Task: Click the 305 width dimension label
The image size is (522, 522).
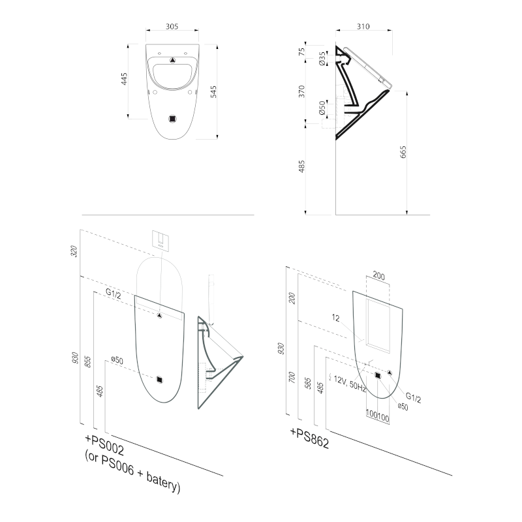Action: (172, 26)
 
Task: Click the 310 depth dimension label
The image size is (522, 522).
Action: (363, 26)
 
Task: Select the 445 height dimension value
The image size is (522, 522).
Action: (124, 79)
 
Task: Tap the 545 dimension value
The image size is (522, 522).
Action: (213, 91)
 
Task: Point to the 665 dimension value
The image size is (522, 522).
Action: (403, 152)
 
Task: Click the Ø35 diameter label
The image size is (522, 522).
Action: (322, 58)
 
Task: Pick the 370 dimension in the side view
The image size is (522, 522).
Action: (301, 91)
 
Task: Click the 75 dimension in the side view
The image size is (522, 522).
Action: (301, 52)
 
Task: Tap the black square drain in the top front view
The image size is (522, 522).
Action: (172, 119)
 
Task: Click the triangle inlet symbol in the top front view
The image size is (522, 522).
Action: (172, 60)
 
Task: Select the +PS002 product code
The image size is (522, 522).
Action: (104, 445)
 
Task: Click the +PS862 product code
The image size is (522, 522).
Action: (309, 438)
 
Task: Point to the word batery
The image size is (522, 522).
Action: (163, 482)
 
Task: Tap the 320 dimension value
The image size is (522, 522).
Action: (74, 251)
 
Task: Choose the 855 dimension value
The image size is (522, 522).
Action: (87, 361)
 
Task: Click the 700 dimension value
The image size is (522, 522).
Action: (292, 377)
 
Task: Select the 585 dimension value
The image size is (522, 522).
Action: (308, 383)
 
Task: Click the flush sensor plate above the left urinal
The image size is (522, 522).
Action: (161, 239)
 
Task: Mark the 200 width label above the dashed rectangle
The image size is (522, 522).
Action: (378, 275)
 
